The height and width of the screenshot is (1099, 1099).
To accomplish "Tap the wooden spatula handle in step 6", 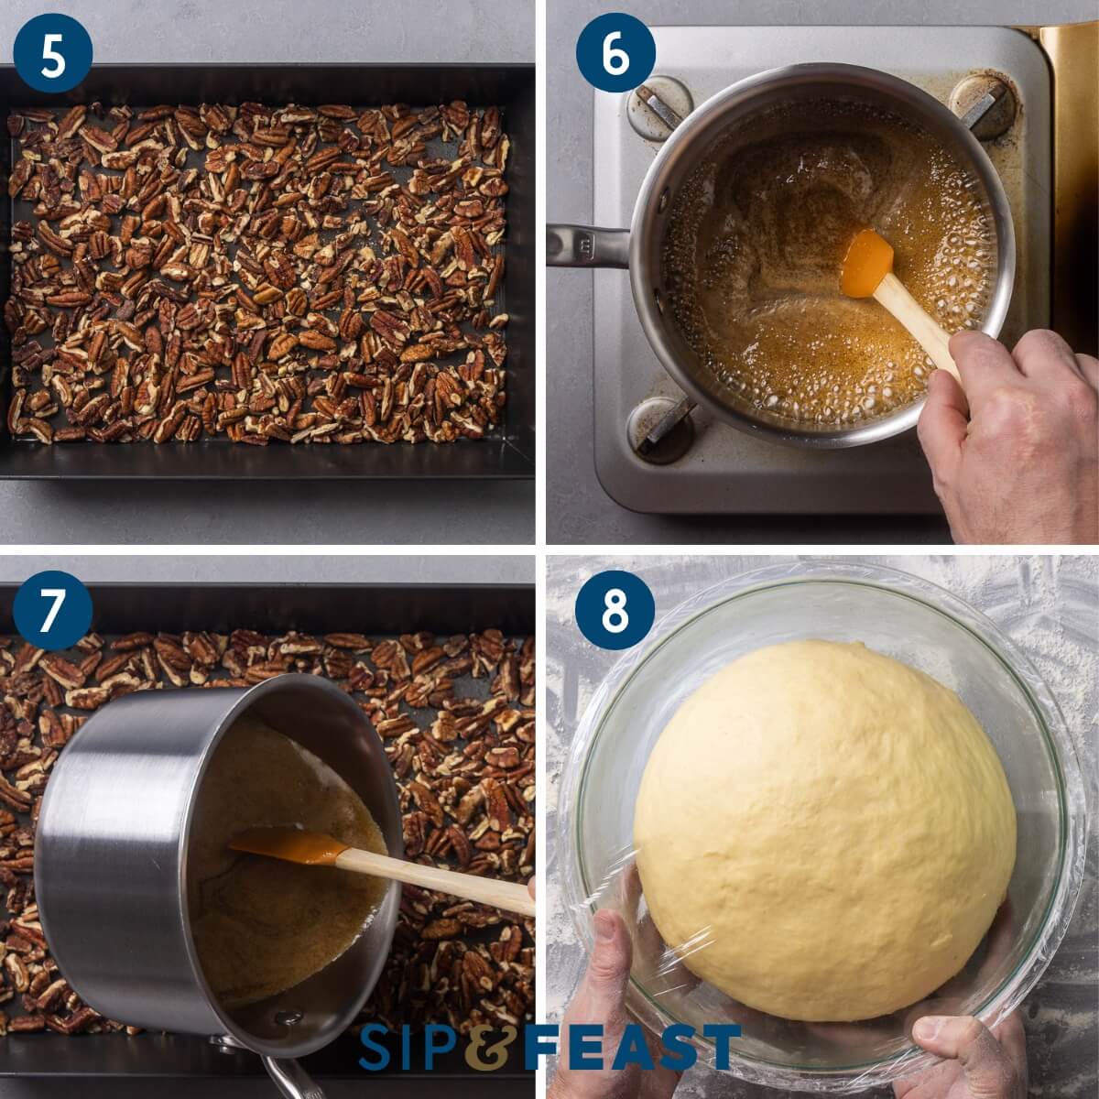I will [916, 325].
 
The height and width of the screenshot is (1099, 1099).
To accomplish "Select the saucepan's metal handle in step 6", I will [586, 245].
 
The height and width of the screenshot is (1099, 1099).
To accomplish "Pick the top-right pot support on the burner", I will [983, 103].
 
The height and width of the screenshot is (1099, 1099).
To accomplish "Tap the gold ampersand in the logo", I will [495, 1047].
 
